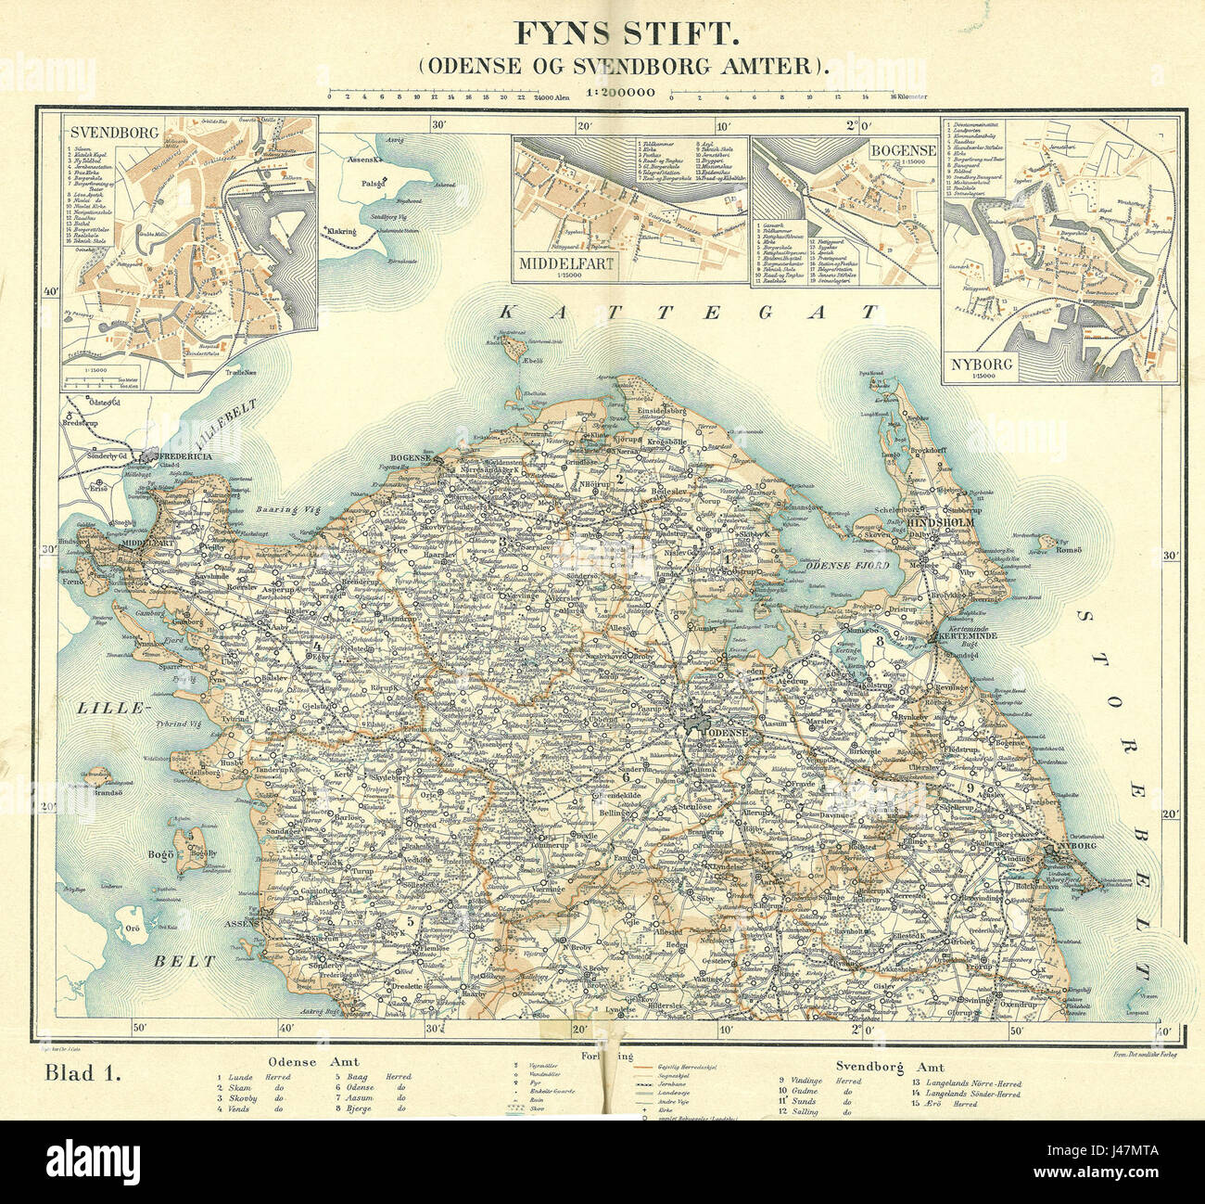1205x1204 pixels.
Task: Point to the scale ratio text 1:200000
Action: point(620,92)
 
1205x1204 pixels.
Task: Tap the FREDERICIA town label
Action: point(187,457)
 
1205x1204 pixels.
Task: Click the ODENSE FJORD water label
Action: point(847,565)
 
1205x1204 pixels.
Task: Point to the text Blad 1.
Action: point(83,1074)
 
